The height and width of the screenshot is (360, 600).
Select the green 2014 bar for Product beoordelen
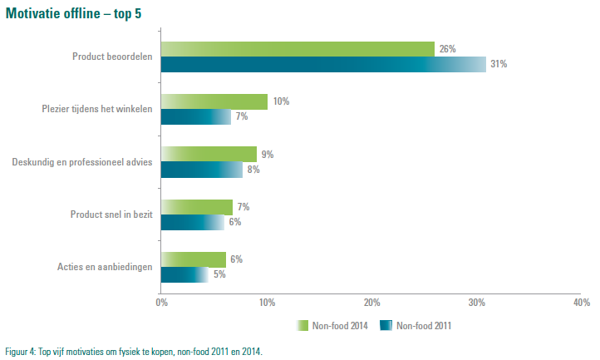click(x=298, y=49)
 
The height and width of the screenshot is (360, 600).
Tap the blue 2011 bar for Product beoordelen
click(x=322, y=64)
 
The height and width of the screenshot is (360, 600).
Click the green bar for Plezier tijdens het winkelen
click(x=214, y=101)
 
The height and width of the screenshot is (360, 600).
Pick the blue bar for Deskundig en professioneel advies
click(x=201, y=170)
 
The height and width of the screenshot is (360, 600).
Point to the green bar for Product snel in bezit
click(x=196, y=207)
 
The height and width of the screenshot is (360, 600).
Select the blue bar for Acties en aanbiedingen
click(x=184, y=274)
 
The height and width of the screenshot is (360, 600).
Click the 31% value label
click(x=499, y=64)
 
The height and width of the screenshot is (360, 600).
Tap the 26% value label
click(x=447, y=49)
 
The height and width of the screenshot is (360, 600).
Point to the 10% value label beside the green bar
click(x=281, y=101)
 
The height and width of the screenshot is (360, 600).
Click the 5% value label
click(x=219, y=274)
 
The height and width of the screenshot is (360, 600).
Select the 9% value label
click(x=268, y=155)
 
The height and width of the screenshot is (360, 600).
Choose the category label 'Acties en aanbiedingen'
click(x=105, y=267)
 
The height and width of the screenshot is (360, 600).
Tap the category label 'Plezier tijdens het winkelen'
click(x=96, y=109)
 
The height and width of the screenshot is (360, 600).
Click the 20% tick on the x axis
click(x=371, y=303)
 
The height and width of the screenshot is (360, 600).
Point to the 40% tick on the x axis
click(x=582, y=303)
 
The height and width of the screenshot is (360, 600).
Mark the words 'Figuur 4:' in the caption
click(x=20, y=352)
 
